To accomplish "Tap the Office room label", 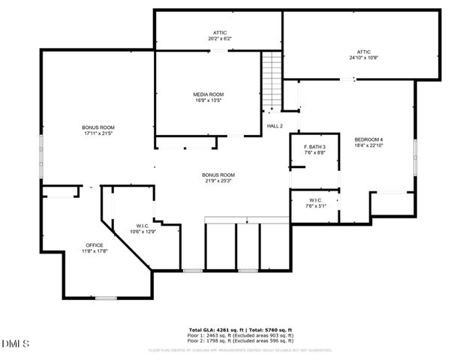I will [x=94, y=246].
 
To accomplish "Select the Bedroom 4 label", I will [x=368, y=139].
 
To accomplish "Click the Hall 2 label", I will [x=275, y=126].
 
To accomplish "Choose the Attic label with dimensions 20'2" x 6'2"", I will [x=219, y=33].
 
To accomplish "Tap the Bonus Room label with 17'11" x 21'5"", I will [x=98, y=127].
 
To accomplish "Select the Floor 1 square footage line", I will [x=239, y=334].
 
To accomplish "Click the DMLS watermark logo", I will [x=15, y=344].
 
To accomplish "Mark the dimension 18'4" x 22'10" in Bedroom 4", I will [x=368, y=145].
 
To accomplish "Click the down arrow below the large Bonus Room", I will [x=247, y=221].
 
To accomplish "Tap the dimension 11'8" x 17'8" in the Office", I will [x=94, y=251].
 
